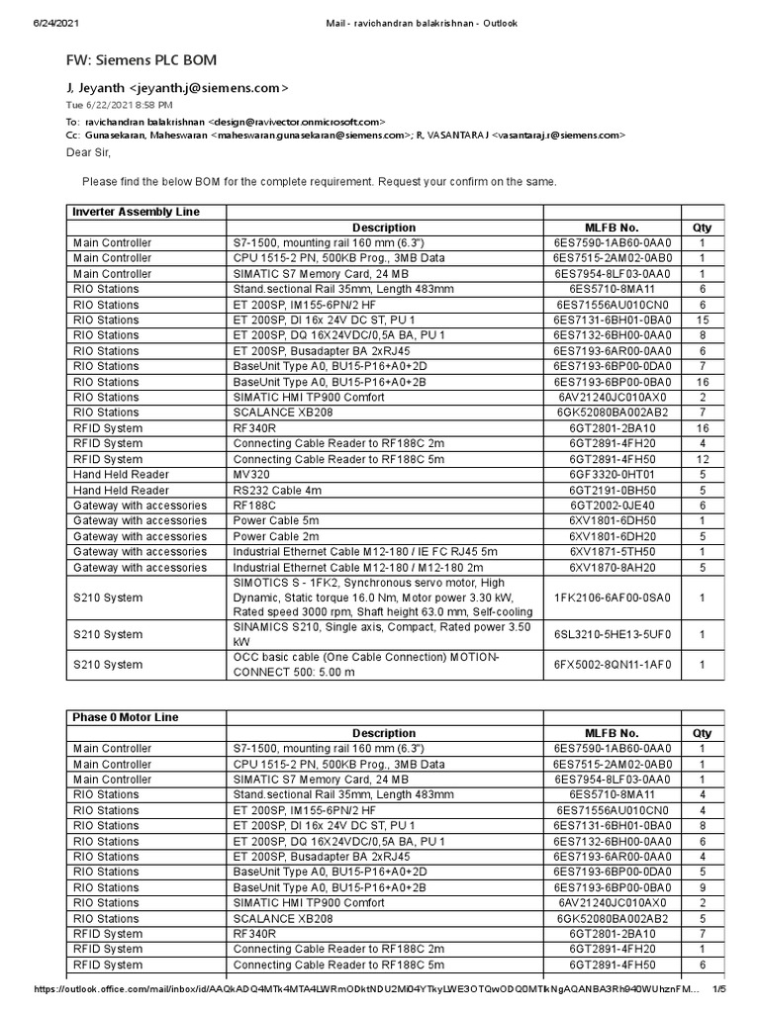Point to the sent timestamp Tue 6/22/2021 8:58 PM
tap(120, 104)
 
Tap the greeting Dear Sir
tap(89, 152)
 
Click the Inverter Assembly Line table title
tap(136, 212)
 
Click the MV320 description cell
tap(250, 475)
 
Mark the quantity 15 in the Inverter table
tap(703, 321)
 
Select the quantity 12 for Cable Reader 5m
tap(703, 459)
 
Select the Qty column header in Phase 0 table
tap(703, 733)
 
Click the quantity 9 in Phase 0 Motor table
tap(703, 888)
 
